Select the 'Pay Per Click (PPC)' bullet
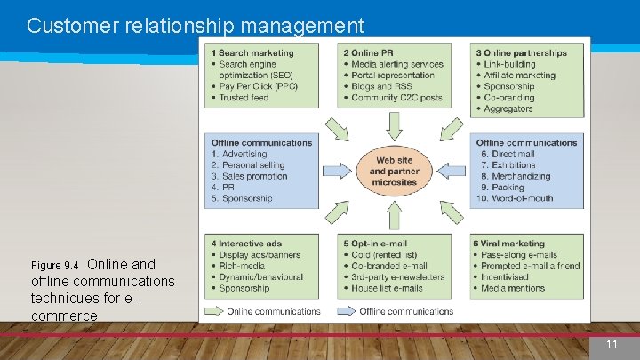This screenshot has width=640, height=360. click(x=258, y=86)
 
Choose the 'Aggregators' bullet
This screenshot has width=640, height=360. click(x=508, y=108)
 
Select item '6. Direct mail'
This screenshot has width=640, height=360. click(x=508, y=154)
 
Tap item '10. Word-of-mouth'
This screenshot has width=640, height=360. click(x=521, y=198)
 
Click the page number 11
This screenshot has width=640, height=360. click(x=612, y=345)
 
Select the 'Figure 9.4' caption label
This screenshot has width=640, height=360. click(x=54, y=266)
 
